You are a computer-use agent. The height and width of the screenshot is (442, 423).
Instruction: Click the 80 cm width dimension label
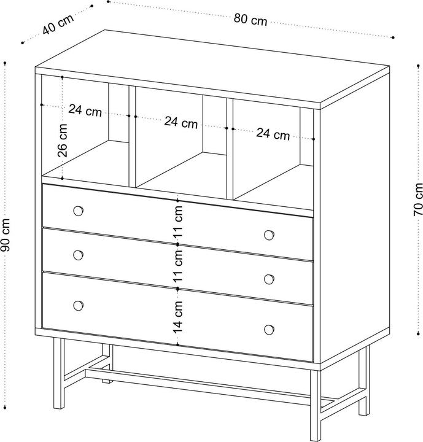click(250, 20)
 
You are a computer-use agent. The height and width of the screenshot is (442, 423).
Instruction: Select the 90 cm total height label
click(6, 235)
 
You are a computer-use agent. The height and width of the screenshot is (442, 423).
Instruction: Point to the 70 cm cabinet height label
click(418, 200)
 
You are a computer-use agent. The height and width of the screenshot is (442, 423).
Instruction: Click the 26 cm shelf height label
click(63, 141)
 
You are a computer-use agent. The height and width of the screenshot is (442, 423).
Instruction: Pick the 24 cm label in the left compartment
click(85, 110)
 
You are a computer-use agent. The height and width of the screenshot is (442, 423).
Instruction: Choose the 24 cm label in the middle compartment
click(181, 122)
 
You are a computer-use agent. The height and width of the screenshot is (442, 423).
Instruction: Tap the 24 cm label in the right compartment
click(273, 134)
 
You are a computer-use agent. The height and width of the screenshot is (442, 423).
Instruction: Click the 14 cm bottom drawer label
click(177, 317)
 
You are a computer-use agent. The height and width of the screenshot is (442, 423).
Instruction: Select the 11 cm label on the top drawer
click(177, 222)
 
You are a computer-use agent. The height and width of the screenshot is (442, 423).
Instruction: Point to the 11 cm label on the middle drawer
click(177, 266)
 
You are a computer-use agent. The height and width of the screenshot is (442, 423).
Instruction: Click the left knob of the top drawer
click(78, 211)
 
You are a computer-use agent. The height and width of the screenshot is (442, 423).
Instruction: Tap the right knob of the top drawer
click(270, 235)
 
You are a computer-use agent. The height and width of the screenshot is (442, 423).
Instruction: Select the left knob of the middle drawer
click(78, 255)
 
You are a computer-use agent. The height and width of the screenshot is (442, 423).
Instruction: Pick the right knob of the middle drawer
click(270, 279)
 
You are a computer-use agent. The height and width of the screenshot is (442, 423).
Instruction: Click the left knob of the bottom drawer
click(78, 306)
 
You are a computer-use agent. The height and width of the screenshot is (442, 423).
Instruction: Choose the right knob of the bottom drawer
click(270, 330)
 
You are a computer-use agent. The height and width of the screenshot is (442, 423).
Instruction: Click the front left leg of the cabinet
click(59, 373)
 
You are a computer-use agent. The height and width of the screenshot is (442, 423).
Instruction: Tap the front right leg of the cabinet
click(316, 405)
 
